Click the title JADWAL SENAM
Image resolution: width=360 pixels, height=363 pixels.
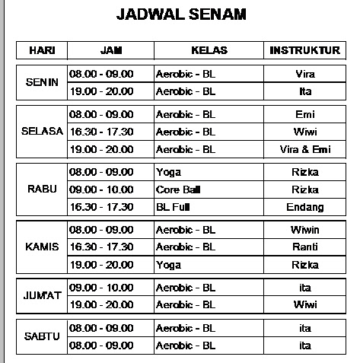[x=180, y=14]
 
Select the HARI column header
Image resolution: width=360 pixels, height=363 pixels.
[x=41, y=51]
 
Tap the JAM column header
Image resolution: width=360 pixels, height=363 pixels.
[x=111, y=51]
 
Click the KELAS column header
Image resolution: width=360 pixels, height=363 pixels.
[x=209, y=51]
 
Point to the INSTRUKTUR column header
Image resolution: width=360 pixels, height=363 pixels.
[x=304, y=51]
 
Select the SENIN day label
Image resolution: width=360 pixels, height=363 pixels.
[x=41, y=83]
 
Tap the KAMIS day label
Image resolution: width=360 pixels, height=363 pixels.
[x=41, y=247]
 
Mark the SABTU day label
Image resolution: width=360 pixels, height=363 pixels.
[x=41, y=336]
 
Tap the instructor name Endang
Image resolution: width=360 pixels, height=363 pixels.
[x=304, y=207]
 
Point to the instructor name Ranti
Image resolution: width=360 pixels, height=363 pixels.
[x=304, y=247]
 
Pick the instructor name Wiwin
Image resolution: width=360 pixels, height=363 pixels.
[x=304, y=230]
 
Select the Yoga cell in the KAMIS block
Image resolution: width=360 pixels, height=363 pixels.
[x=168, y=265]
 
